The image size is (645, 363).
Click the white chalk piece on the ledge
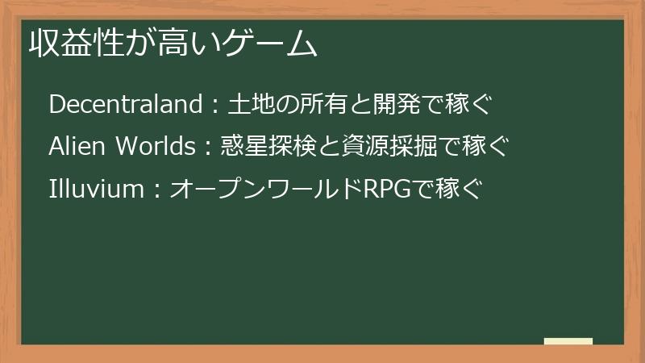(x=568, y=342)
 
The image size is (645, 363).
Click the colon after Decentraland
(x=214, y=106)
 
